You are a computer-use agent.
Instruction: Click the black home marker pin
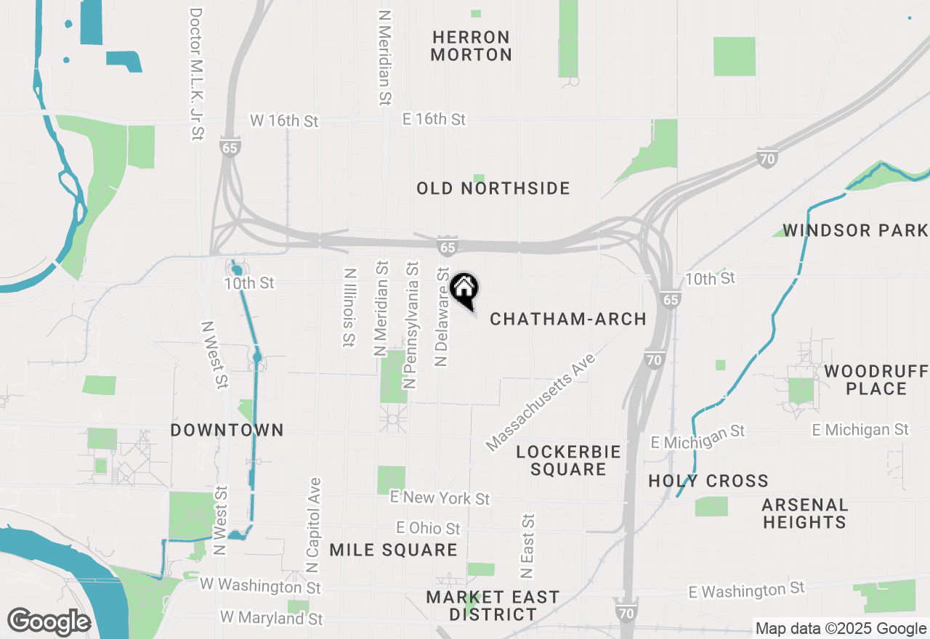click(x=464, y=289)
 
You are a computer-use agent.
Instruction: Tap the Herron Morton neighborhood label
click(x=471, y=46)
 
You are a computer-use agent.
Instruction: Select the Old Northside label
click(x=493, y=189)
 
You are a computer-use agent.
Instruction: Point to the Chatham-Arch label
click(x=568, y=319)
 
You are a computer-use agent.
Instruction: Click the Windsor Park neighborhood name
click(x=855, y=231)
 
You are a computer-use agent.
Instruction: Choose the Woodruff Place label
click(x=876, y=380)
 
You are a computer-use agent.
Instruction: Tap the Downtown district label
click(x=227, y=430)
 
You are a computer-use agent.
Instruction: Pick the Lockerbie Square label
click(x=568, y=460)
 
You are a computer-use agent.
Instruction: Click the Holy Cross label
click(x=708, y=481)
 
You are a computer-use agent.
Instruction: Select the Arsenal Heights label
click(x=804, y=513)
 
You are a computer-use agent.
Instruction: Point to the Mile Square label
click(x=393, y=550)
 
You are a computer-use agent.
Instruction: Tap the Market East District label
click(x=493, y=606)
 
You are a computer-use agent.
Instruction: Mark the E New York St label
click(x=440, y=498)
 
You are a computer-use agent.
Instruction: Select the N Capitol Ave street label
click(x=313, y=524)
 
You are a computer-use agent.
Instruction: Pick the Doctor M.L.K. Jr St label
click(x=195, y=74)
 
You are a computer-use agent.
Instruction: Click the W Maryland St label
click(x=271, y=619)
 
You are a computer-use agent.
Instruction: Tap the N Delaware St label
click(x=442, y=316)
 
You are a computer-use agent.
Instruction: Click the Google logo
click(x=49, y=622)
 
